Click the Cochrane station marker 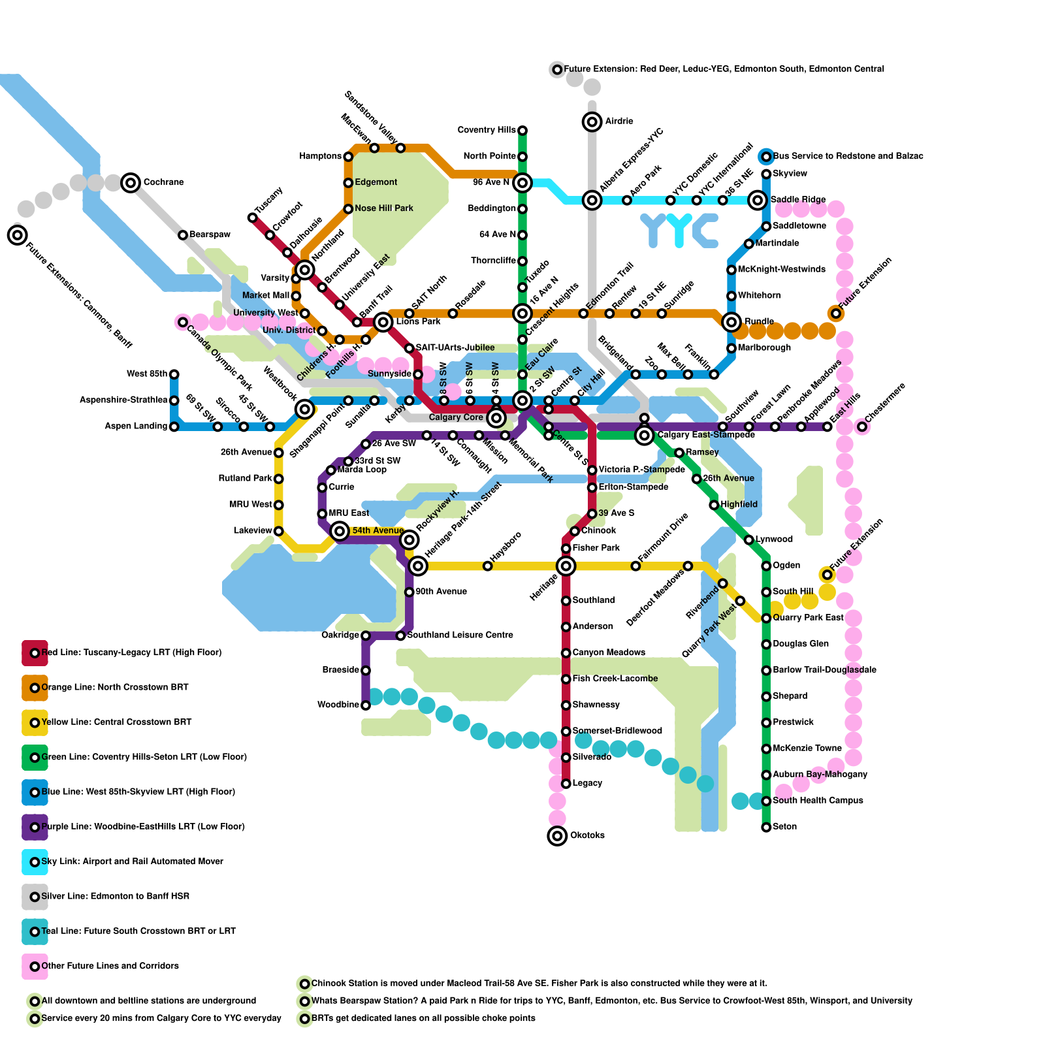[131, 182]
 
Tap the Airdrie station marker [592, 121]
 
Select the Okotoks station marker [557, 835]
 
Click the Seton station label [784, 827]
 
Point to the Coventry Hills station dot [522, 131]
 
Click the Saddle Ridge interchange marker [758, 200]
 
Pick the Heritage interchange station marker [566, 566]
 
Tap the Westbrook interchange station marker [305, 410]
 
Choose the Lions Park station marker [383, 321]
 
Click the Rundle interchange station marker [731, 321]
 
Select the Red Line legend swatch [35, 652]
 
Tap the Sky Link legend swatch [35, 861]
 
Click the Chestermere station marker [862, 426]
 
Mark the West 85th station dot [174, 374]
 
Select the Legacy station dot [566, 784]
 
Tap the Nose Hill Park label [384, 208]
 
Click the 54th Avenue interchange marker [340, 531]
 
